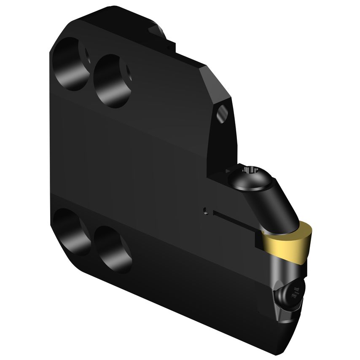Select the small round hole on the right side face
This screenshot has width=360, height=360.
coord(223,113)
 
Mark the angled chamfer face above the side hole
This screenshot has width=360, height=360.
coord(217,84)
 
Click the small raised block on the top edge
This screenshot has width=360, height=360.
coord(162,36)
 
